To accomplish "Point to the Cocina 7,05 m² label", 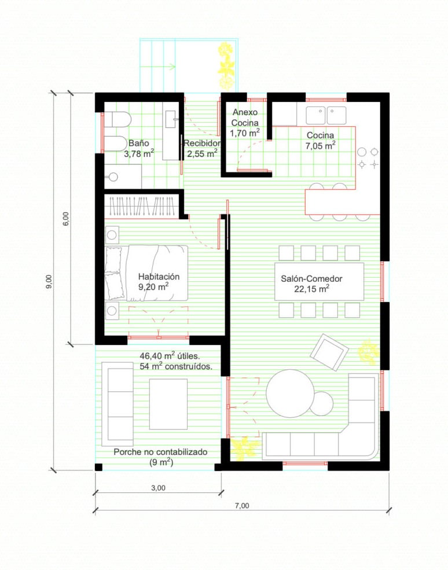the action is pos(320,140).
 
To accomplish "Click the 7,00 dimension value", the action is pos(242,506).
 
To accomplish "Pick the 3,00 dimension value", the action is pos(158,488).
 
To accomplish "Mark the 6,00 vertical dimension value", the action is pos(66,219).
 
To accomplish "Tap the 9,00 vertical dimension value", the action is pos(49,282).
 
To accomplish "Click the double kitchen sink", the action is pos(326,116).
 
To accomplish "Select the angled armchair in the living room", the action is pos(329,352).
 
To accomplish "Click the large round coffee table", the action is pos(290,394).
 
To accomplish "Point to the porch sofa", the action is pos(117,404).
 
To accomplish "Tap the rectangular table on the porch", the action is pos(168,404).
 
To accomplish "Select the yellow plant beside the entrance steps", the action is pos(226,66).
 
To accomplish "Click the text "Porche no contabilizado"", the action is pos(160,452).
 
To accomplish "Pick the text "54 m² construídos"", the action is pos(175,366).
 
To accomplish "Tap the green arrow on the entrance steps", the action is pos(158,67).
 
